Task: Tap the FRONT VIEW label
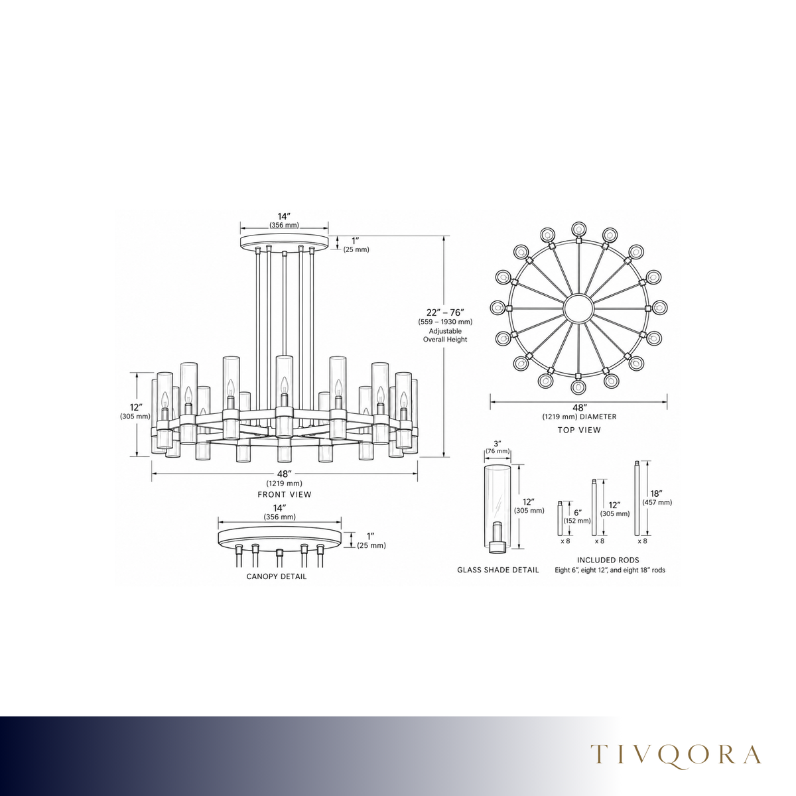pyautogui.click(x=284, y=494)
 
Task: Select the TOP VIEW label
pyautogui.click(x=578, y=430)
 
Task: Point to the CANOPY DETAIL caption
pyautogui.click(x=277, y=576)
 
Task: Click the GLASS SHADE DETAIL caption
pyautogui.click(x=497, y=570)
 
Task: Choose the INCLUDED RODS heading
pyautogui.click(x=608, y=560)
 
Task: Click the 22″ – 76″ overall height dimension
pyautogui.click(x=445, y=312)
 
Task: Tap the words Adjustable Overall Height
pyautogui.click(x=445, y=335)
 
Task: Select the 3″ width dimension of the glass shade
pyautogui.click(x=497, y=443)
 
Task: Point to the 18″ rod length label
pyautogui.click(x=657, y=494)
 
